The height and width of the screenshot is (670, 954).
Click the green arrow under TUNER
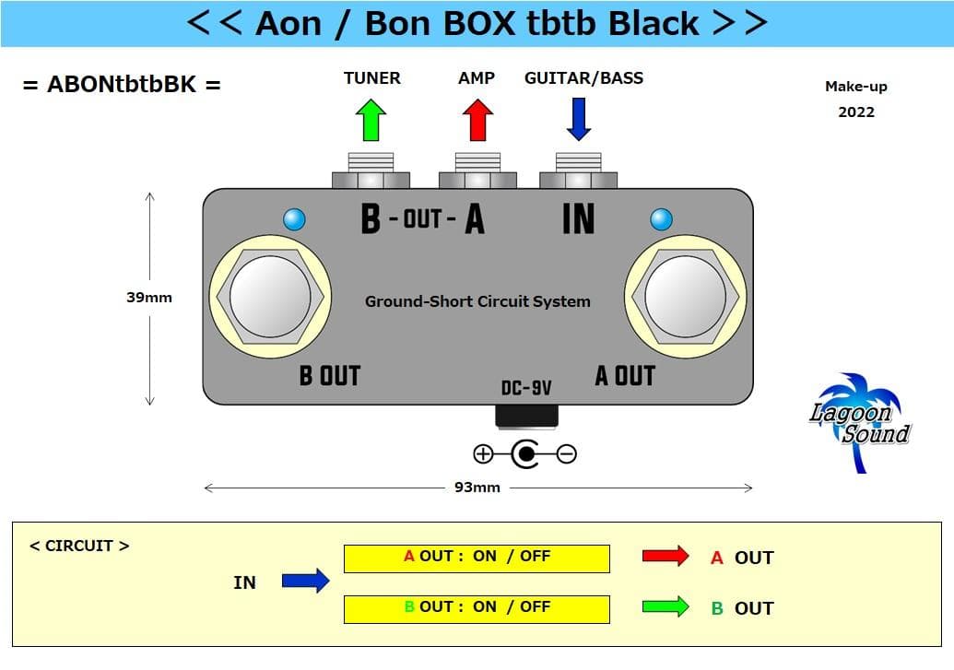(x=371, y=120)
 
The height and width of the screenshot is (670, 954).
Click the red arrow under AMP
(x=477, y=120)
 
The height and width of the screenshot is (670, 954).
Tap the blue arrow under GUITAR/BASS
(x=578, y=120)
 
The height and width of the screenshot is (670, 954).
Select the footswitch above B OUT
(x=270, y=296)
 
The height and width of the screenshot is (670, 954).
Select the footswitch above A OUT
(x=685, y=296)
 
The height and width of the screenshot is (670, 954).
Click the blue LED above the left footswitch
(x=294, y=219)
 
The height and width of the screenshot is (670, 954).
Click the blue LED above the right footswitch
(x=661, y=219)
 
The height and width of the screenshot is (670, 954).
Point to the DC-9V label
(x=526, y=389)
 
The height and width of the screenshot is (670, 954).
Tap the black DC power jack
(x=526, y=416)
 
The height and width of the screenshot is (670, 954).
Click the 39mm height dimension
(x=149, y=298)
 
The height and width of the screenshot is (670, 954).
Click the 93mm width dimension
(x=477, y=487)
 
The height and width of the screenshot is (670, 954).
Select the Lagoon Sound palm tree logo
(x=859, y=421)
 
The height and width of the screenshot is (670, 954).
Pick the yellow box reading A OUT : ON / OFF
(x=477, y=558)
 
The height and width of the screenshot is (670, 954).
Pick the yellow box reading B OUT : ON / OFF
(x=477, y=608)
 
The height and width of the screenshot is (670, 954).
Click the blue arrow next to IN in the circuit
(x=305, y=581)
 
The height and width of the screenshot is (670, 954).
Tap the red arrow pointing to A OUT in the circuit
(x=665, y=556)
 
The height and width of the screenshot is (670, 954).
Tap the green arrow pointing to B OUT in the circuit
(x=665, y=606)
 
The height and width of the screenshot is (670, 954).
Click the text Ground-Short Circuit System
(x=477, y=301)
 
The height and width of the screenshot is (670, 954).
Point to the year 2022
(x=856, y=112)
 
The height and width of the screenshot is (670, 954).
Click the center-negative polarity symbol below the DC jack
(x=524, y=453)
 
